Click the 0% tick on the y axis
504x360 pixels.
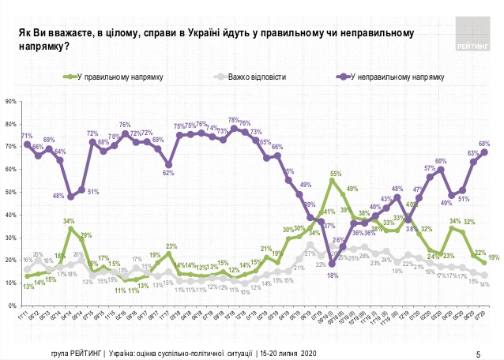tap(12, 306)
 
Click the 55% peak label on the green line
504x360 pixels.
tap(335, 173)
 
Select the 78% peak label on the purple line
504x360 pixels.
tap(233, 120)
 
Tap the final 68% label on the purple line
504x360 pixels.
tap(484, 144)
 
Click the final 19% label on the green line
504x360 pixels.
tap(493, 258)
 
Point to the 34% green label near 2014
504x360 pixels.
tap(70, 220)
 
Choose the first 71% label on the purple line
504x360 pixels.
tap(26, 136)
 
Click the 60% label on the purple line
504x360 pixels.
tap(441, 161)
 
